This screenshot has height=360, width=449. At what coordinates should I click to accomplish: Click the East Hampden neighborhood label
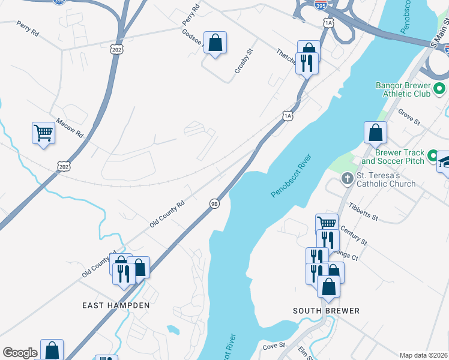pyautogui.click(x=116, y=305)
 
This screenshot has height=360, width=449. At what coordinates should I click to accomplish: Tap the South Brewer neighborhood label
pyautogui.click(x=326, y=310)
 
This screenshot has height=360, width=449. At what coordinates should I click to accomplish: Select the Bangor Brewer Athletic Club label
pyautogui.click(x=403, y=89)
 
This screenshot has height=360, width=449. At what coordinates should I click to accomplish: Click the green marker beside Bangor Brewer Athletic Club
pyautogui.click(x=439, y=89)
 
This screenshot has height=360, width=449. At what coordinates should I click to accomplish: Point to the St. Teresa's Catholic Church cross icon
pyautogui.click(x=347, y=178)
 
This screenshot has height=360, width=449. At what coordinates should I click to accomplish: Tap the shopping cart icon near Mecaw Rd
pyautogui.click(x=43, y=133)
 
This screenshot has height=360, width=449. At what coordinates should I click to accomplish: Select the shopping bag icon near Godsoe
pyautogui.click(x=215, y=43)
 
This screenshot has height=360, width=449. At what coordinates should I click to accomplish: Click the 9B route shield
pyautogui.click(x=214, y=203)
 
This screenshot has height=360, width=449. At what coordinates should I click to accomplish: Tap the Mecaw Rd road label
pyautogui.click(x=70, y=127)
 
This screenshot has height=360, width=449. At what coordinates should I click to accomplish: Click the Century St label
pyautogui.click(x=353, y=235)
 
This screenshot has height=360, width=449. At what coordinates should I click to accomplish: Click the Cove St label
pyautogui.click(x=273, y=346)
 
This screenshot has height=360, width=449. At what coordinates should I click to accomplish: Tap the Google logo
pyautogui.click(x=20, y=353)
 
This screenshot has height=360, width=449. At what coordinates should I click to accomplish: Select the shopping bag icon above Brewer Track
pyautogui.click(x=375, y=133)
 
